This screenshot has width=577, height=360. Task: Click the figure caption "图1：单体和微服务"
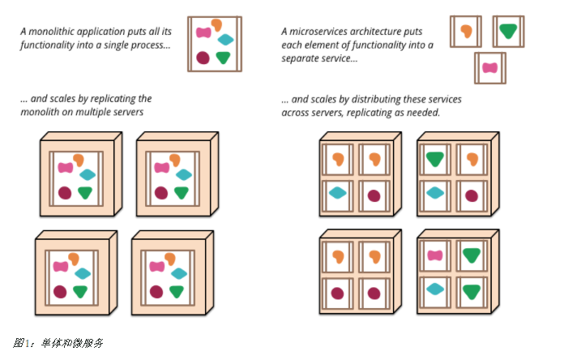pos(58,343)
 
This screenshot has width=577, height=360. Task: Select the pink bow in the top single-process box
pos(204,33)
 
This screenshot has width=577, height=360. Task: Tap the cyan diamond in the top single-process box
pos(226,39)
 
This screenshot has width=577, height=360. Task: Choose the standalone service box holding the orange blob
pos(465,32)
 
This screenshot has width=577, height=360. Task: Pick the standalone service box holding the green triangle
pos(508,32)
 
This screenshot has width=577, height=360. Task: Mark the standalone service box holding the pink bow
pos(489,68)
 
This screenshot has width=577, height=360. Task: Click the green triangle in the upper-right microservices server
pos(435,159)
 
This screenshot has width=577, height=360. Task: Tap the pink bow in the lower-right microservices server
pos(435,255)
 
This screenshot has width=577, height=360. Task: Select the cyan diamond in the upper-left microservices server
pos(339,193)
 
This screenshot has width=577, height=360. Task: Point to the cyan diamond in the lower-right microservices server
pos(435,288)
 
